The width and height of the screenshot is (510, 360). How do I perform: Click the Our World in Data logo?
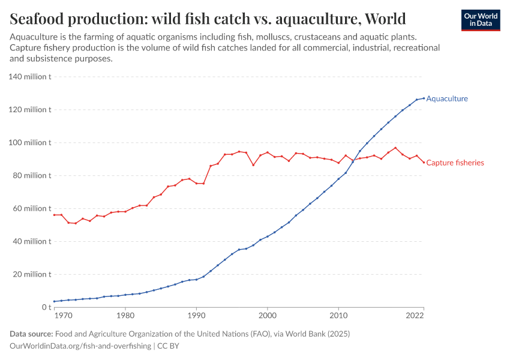(x=480, y=20)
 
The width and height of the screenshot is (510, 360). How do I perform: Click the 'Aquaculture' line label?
(x=446, y=98)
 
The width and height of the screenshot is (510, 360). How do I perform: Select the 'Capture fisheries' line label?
(x=454, y=163)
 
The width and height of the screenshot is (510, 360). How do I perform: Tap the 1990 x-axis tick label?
(x=196, y=314)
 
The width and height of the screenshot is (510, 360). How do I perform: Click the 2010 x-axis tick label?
(x=338, y=314)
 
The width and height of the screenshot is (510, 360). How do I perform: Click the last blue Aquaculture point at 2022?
(x=424, y=98)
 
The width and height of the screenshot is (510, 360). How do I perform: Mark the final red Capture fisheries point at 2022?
(x=424, y=163)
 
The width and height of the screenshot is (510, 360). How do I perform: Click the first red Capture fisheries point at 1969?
(x=54, y=215)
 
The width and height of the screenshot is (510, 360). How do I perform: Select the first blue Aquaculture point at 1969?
(x=54, y=301)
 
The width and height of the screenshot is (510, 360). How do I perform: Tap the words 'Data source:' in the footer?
(x=31, y=334)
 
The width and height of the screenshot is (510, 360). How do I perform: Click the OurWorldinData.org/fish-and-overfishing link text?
(x=80, y=346)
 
